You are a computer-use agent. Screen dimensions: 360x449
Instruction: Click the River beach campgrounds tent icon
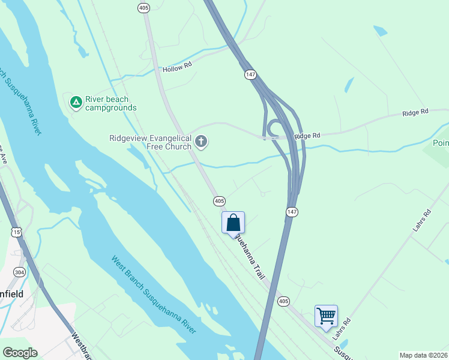[x=76, y=103]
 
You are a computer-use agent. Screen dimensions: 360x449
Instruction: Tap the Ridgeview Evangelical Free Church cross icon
[x=201, y=142]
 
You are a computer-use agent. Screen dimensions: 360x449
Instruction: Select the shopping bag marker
[x=233, y=223]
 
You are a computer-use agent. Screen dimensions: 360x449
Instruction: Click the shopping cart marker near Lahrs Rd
[x=326, y=316]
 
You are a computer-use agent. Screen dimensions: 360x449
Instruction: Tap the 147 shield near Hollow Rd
[x=250, y=74]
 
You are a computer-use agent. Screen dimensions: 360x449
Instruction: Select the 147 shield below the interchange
[x=292, y=212]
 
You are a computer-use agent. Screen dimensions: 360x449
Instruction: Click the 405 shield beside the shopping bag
[x=219, y=201]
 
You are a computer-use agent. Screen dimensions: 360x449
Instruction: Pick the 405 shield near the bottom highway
[x=284, y=300]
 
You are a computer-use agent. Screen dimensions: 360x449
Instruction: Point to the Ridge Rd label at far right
[x=415, y=112]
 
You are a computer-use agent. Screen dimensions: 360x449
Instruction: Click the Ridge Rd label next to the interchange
[x=307, y=136]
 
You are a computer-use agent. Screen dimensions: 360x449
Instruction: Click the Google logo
[x=20, y=353]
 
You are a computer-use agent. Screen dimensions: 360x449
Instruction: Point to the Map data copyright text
[x=423, y=355]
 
